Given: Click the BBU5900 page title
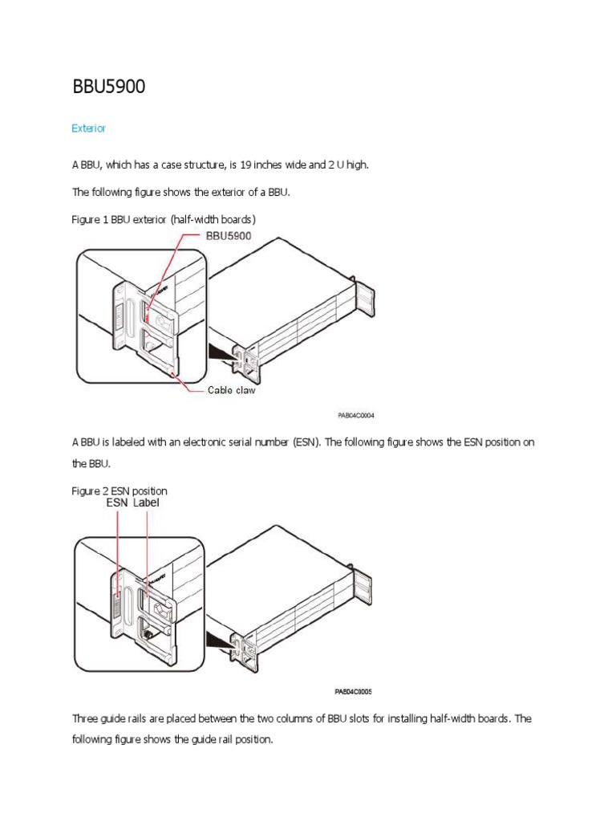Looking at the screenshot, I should tap(109, 87).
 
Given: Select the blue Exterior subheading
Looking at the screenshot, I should tap(88, 128).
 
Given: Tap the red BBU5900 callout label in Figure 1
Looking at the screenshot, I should tap(229, 235).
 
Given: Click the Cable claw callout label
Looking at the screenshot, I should tap(232, 391).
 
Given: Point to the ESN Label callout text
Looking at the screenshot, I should tap(133, 503).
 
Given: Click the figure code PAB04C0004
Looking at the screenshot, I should tap(355, 416).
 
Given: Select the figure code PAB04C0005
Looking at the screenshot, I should tap(354, 690).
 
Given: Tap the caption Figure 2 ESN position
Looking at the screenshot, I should tap(120, 490).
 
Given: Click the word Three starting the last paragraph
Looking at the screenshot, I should tap(85, 718).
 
